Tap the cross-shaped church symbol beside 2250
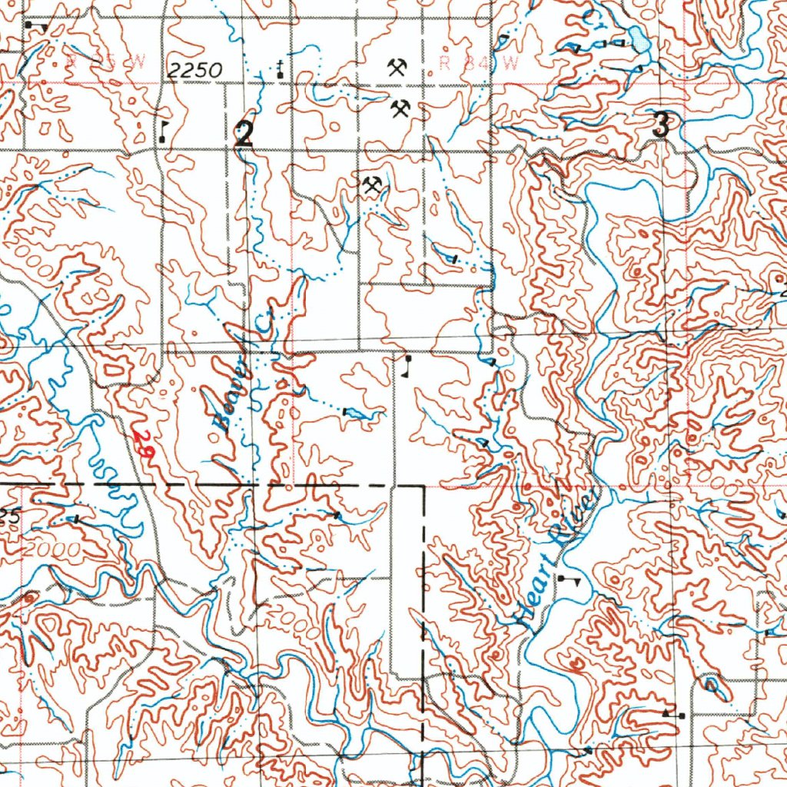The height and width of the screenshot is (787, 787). tap(281, 68)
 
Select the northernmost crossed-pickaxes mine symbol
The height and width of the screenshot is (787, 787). tap(397, 67)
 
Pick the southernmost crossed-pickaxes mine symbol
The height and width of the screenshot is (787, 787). tap(373, 185)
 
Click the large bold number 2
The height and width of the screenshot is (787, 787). tap(244, 136)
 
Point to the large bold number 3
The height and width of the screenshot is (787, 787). tap(660, 125)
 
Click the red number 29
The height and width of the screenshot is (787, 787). tap(143, 445)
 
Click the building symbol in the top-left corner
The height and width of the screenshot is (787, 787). tap(35, 27)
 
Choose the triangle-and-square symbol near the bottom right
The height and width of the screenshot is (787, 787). tap(673, 715)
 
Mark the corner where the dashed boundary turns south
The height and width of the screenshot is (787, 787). tap(423, 486)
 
